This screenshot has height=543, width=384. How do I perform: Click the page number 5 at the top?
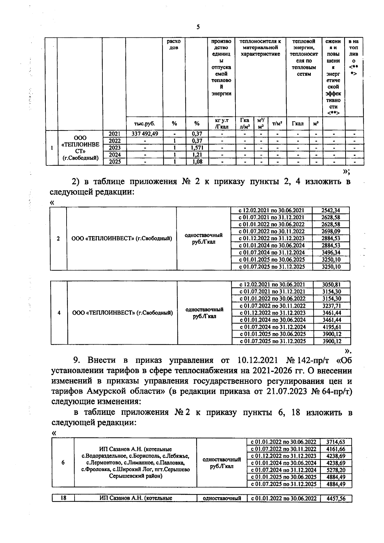point(198,27)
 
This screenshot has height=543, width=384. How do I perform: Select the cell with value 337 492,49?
point(145,134)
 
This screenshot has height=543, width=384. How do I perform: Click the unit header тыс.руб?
point(144,124)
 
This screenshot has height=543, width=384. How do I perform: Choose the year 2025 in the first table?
point(115,162)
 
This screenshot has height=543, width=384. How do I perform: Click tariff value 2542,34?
point(331,210)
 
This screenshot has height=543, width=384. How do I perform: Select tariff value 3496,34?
point(331,252)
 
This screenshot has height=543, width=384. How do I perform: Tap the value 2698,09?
point(331,231)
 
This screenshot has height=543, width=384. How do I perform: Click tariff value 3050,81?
point(332,284)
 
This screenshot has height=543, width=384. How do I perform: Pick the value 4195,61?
point(332,327)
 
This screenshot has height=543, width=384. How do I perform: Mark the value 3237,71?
point(332,306)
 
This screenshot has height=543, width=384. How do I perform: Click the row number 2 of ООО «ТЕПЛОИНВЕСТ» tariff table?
point(58,238)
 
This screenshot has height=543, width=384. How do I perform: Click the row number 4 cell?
point(59,313)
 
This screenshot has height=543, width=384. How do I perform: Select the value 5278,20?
point(336,470)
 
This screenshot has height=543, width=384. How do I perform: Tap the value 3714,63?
point(336,442)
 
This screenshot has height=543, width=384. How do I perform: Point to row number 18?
point(63,498)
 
